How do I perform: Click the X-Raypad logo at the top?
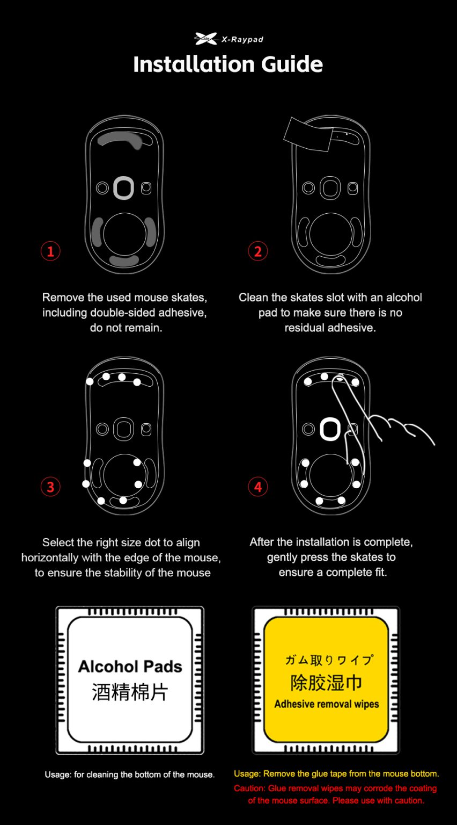(x=228, y=39)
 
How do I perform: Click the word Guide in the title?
(x=292, y=64)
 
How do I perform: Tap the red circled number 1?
(x=50, y=251)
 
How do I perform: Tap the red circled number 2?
(x=257, y=251)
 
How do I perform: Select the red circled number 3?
(x=50, y=487)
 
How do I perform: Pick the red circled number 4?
(x=257, y=487)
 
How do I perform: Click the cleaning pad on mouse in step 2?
(x=307, y=135)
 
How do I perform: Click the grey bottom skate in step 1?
(x=124, y=260)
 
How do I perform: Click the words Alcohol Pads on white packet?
(x=130, y=667)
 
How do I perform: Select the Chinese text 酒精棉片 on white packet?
(x=130, y=692)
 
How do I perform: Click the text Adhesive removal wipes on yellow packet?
(x=326, y=704)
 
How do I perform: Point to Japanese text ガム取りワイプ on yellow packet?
(x=329, y=660)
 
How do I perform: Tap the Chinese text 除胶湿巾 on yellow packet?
(x=326, y=683)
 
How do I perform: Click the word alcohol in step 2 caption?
(x=404, y=297)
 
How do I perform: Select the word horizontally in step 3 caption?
(x=50, y=558)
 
